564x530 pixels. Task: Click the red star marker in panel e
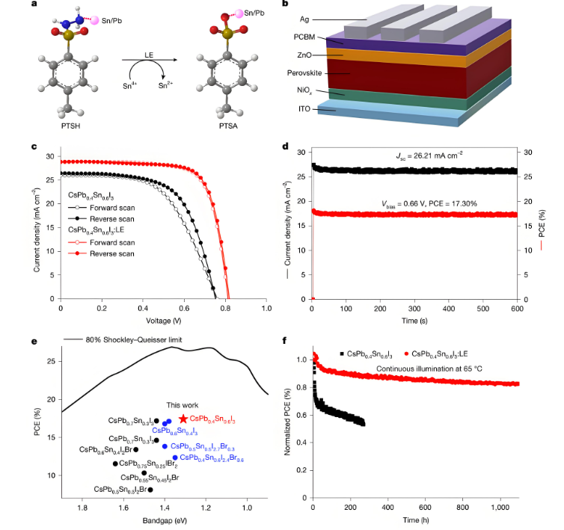(183, 419)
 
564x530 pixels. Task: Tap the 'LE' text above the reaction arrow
(149, 55)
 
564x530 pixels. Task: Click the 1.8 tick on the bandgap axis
(83, 506)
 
